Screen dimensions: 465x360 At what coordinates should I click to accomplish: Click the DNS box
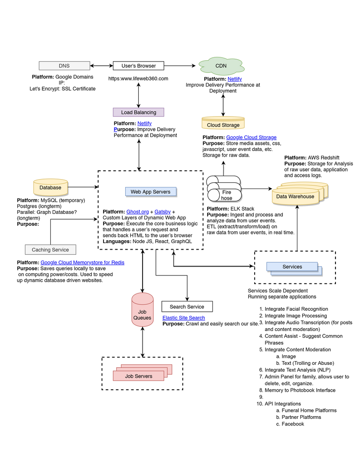coord(64,66)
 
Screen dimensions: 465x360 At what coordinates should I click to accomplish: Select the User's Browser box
coord(138,66)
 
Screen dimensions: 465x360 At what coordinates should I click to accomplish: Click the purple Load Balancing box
coord(138,112)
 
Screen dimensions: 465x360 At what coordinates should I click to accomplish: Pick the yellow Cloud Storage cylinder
coord(223,124)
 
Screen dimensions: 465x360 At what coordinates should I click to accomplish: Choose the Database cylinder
coord(50,188)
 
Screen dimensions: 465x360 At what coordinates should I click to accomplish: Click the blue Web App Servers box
coord(151,192)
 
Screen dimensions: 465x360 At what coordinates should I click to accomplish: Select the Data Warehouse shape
coord(295,196)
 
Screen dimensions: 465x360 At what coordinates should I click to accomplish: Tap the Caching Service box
coord(50,250)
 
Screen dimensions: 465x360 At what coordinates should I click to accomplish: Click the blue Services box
coord(292,267)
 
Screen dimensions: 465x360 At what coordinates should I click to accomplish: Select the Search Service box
coord(187,307)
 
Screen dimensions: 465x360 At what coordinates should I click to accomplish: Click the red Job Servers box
coord(138,376)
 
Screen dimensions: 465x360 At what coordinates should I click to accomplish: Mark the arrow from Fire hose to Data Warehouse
coord(256,189)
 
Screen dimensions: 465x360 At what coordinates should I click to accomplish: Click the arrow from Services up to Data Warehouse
coord(297,228)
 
